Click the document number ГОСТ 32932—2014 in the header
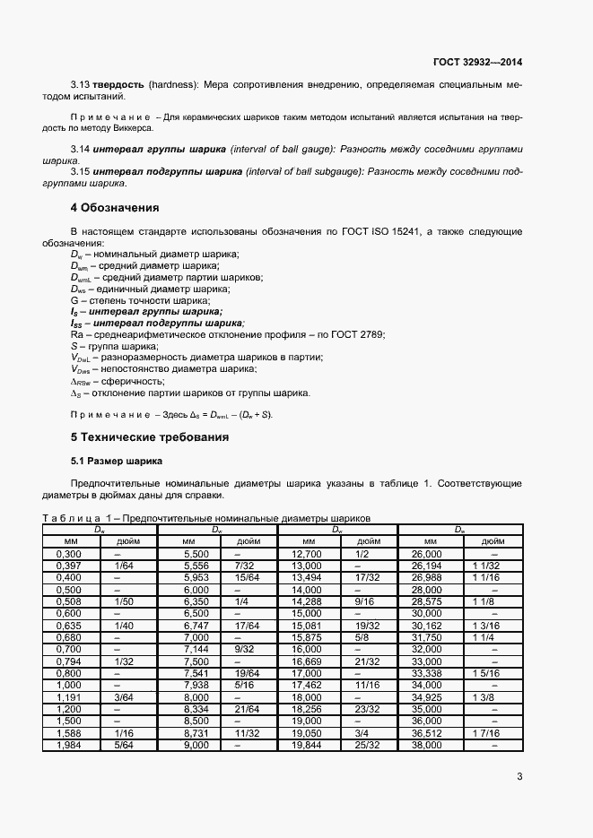tap(476, 63)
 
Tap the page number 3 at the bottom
tap(519, 776)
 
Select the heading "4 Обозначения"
tap(115, 207)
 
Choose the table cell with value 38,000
tap(427, 744)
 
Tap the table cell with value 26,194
tap(427, 566)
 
